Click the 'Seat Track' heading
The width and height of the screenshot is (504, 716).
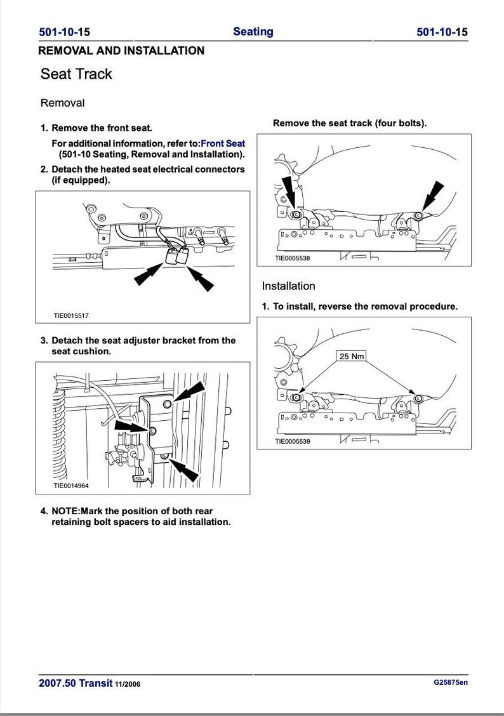(x=76, y=74)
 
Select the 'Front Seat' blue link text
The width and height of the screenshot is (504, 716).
(x=223, y=143)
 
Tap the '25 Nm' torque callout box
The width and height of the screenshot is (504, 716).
(x=352, y=356)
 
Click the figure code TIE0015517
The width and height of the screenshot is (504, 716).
(x=76, y=315)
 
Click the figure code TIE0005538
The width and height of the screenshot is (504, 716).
(x=292, y=258)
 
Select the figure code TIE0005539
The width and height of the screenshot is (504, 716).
(x=292, y=442)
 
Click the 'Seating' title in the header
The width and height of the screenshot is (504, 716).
(x=253, y=32)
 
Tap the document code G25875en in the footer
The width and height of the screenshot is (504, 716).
(x=451, y=683)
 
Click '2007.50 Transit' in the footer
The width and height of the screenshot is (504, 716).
(x=75, y=684)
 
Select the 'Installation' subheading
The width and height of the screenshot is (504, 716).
(x=288, y=286)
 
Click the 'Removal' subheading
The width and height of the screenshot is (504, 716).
(x=62, y=103)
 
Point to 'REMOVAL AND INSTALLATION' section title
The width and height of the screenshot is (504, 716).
(x=121, y=51)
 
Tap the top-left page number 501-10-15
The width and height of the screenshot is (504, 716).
(x=64, y=32)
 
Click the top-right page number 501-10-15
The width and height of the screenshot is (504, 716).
(x=442, y=32)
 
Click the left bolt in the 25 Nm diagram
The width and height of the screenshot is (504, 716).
(x=296, y=397)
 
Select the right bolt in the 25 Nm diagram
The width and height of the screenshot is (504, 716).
(x=418, y=398)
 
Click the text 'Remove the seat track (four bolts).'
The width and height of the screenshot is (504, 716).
(x=350, y=123)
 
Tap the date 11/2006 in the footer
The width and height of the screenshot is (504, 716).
(x=128, y=684)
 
